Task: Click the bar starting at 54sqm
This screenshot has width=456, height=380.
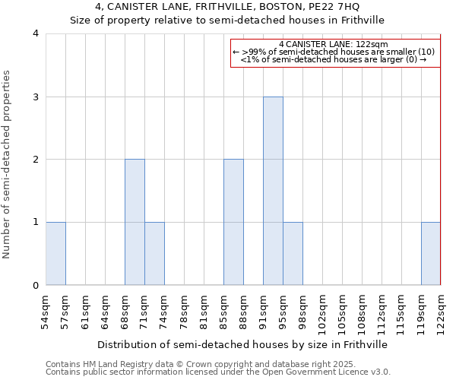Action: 55,253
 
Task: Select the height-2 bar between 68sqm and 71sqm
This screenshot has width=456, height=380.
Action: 135,222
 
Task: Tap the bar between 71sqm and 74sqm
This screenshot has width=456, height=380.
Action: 154,253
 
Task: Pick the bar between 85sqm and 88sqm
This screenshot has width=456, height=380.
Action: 233,222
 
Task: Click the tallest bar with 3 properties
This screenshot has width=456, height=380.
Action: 273,191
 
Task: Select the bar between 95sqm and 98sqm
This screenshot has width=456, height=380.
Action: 293,253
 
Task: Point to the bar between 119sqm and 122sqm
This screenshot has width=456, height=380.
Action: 431,253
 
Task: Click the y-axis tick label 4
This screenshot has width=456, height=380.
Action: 35,33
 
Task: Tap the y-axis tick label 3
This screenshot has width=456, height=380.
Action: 35,97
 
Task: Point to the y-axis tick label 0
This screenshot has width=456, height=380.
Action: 35,285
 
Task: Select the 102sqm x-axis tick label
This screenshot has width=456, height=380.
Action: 322,310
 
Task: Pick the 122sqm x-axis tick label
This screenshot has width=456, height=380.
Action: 441,310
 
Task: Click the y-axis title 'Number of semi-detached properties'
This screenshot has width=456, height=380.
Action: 7,164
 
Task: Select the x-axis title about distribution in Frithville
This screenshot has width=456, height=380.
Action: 243,344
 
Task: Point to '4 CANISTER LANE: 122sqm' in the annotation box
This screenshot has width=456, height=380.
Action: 334,44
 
